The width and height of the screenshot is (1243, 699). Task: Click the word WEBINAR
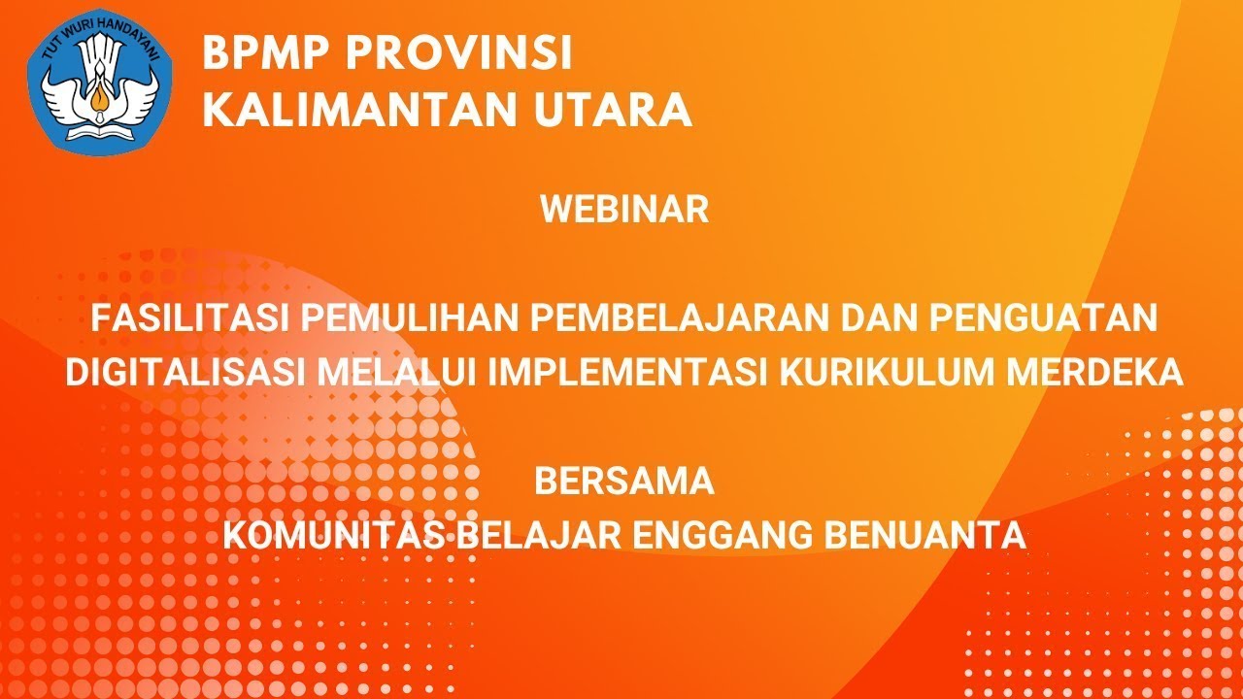coord(624,210)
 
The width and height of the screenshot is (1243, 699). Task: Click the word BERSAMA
coord(624,482)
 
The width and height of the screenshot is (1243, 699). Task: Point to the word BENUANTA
coord(940,536)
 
